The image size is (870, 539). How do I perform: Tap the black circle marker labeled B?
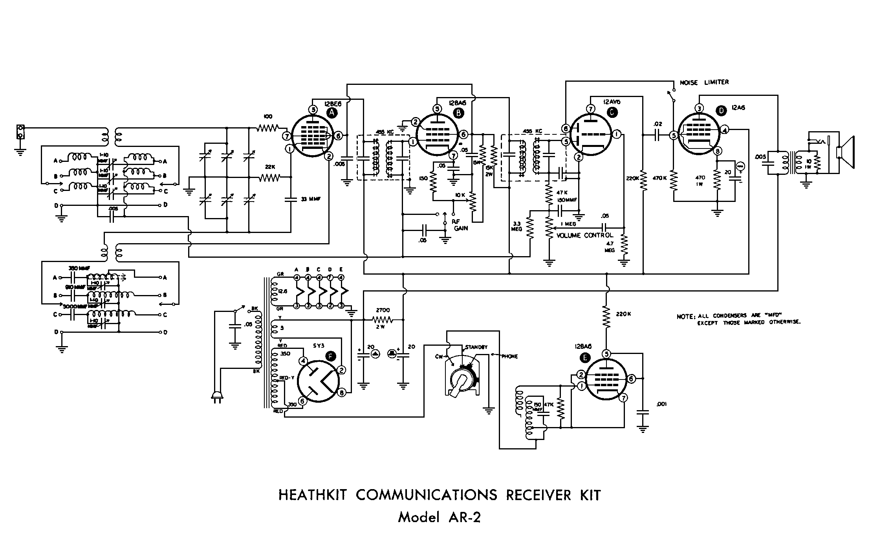pos(458,113)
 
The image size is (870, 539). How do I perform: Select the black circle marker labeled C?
pos(612,113)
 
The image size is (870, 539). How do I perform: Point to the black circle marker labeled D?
pos(721,111)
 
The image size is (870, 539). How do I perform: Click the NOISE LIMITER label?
pos(704,82)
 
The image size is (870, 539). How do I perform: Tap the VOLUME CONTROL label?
pos(585,235)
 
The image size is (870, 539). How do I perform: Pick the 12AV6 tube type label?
pos(609,102)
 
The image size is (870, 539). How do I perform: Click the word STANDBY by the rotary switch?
pos(476,347)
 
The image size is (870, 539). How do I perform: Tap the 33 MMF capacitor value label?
pos(311,199)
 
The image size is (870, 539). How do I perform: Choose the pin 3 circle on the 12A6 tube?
pos(699,108)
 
